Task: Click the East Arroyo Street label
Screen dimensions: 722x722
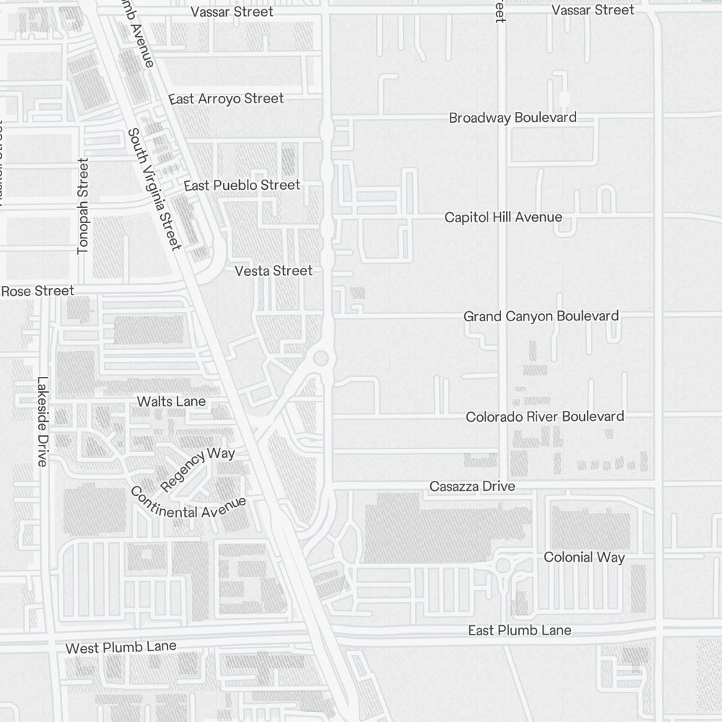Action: tap(226, 98)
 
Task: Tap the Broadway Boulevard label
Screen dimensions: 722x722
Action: tap(513, 117)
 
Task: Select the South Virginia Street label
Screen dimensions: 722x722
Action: tap(153, 189)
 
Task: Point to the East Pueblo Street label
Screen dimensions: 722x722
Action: tap(242, 186)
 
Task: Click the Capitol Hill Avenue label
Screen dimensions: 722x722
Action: tap(503, 217)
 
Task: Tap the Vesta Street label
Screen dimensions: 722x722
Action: tap(274, 271)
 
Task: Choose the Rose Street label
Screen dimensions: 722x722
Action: tap(38, 291)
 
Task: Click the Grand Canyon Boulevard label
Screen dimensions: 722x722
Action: tap(541, 316)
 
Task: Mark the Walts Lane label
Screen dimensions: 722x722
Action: tap(171, 401)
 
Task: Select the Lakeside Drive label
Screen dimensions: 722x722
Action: tap(42, 422)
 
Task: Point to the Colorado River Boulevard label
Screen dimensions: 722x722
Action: tap(544, 416)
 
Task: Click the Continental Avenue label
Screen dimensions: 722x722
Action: tap(188, 505)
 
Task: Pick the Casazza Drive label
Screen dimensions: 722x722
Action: tap(472, 486)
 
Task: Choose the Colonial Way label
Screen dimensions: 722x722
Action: tap(584, 557)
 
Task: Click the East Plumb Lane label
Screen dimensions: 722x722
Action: tap(519, 630)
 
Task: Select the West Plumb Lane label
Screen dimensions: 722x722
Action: tap(121, 647)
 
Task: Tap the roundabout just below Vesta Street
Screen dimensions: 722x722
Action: tap(321, 357)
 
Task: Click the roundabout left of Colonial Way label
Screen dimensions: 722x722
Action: tap(503, 565)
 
